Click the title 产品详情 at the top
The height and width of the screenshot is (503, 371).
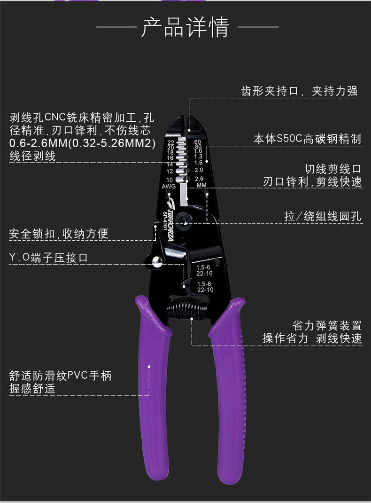pyautogui.click(x=185, y=27)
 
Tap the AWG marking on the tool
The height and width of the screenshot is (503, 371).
pyautogui.click(x=168, y=187)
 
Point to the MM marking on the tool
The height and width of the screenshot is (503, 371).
pyautogui.click(x=201, y=185)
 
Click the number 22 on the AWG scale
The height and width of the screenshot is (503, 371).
pyautogui.click(x=170, y=142)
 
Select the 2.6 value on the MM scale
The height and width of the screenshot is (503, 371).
pyautogui.click(x=199, y=179)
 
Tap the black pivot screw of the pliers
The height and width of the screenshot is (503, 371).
pyautogui.click(x=186, y=220)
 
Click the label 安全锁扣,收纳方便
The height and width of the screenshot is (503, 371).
pyautogui.click(x=59, y=233)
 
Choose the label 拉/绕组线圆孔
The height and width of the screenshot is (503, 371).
pyautogui.click(x=323, y=217)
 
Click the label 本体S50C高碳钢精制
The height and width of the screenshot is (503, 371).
pyautogui.click(x=307, y=139)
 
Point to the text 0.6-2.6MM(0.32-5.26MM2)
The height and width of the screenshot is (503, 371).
pyautogui.click(x=82, y=143)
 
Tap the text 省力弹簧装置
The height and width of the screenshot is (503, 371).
pyautogui.click(x=327, y=325)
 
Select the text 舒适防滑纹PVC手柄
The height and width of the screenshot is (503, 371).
pyautogui.click(x=61, y=376)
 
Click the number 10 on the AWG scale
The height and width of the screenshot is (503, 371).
pyautogui.click(x=170, y=180)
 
